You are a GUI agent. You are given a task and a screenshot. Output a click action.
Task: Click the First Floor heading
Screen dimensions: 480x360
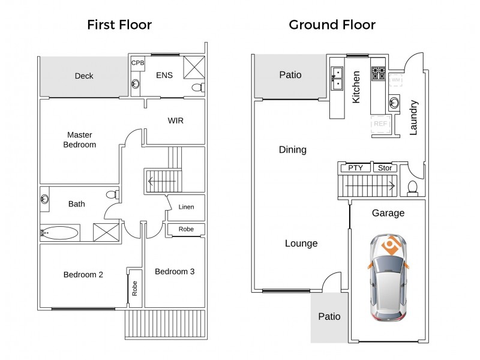(x=119, y=25)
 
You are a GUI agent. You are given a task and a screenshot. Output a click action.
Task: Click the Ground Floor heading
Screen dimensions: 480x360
(x=332, y=25)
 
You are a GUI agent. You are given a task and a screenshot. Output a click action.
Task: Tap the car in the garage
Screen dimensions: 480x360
(x=388, y=278)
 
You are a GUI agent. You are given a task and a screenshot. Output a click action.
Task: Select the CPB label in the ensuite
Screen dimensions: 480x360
(x=138, y=63)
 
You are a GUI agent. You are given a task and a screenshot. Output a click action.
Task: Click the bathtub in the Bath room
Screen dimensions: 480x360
(x=59, y=233)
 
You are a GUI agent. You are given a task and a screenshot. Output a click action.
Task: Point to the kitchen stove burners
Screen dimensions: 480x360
(x=379, y=73)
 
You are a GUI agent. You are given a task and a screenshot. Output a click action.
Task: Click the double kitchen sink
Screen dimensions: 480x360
(x=337, y=79)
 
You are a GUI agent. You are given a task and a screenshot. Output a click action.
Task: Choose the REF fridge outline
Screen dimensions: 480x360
(x=381, y=124)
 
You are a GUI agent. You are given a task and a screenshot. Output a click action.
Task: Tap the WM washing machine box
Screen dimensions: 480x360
(x=395, y=80)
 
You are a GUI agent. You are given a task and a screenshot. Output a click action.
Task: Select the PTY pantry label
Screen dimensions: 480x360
(x=355, y=168)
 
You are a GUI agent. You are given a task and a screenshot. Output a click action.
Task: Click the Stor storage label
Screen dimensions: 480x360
(x=385, y=168)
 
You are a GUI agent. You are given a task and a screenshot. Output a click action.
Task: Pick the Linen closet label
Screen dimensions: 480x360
(x=186, y=207)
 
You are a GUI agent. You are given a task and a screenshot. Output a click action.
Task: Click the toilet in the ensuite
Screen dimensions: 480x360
(x=199, y=87)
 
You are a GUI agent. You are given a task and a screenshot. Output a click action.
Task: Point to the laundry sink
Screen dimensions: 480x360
(x=394, y=103)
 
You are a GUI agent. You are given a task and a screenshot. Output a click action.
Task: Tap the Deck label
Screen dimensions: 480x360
(x=84, y=76)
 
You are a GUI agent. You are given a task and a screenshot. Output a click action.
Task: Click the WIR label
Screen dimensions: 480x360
(x=175, y=121)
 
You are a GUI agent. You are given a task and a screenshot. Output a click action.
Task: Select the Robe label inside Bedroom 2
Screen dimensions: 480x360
(x=134, y=289)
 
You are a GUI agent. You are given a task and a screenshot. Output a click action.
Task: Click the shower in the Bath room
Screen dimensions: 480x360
(x=106, y=232)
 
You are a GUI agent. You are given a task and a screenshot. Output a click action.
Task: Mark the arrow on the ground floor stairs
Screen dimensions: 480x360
(x=370, y=185)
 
